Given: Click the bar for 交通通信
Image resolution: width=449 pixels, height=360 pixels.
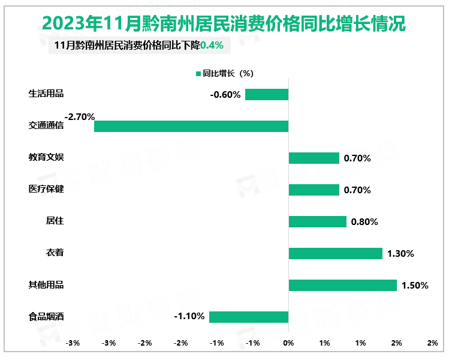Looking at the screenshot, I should [x=191, y=126].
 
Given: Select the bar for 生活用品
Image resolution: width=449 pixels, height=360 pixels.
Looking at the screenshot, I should [x=267, y=94].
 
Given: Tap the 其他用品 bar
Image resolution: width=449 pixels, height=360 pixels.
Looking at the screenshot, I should [x=342, y=285].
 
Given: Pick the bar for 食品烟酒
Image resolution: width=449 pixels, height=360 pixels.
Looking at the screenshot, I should [x=249, y=317].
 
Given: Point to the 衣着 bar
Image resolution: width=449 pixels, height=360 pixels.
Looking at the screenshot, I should [x=335, y=253].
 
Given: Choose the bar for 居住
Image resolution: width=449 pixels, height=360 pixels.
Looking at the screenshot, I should [x=317, y=221].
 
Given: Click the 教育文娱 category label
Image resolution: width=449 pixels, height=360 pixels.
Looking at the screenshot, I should [x=46, y=158].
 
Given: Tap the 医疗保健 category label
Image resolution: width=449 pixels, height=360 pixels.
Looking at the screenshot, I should [x=46, y=190].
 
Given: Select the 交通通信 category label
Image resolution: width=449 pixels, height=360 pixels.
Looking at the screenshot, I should [x=46, y=126].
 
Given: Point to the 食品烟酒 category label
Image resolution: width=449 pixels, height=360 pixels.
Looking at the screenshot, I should [x=46, y=317].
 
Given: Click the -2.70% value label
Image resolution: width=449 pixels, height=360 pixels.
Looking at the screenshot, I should [x=80, y=117].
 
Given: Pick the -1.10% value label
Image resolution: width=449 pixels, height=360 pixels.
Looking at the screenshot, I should [x=189, y=316].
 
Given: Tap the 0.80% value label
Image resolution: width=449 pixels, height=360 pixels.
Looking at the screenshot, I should [x=364, y=222].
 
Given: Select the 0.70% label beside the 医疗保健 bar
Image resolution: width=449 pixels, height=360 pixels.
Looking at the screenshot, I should [x=357, y=190].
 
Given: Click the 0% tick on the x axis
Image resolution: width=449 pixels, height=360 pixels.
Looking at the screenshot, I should [x=288, y=343].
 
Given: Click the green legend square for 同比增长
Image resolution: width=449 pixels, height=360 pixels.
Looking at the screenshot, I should [x=198, y=74].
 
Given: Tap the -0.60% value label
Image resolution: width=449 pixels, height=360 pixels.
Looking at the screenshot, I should [x=225, y=95].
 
